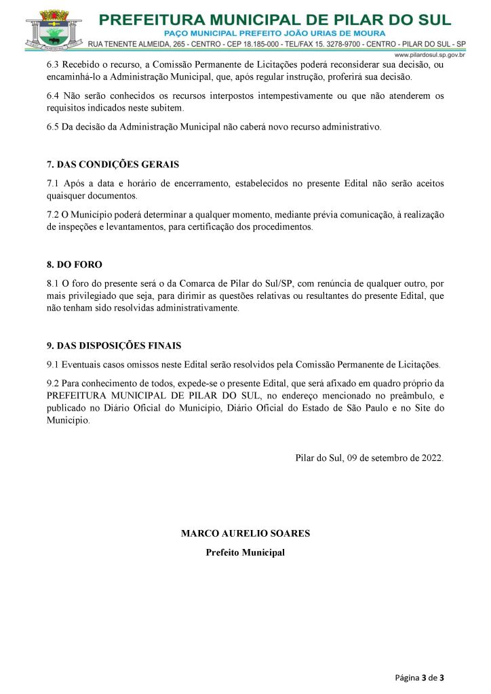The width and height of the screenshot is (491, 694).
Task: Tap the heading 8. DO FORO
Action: (x=75, y=264)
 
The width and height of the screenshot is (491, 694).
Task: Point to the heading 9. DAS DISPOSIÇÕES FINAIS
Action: (x=114, y=346)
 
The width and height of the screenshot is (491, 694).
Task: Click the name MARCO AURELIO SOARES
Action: (x=245, y=533)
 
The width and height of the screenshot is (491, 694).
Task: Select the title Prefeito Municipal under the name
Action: (x=245, y=552)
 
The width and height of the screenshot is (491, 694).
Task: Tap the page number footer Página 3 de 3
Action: (x=420, y=677)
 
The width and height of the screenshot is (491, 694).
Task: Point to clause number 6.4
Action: (x=53, y=96)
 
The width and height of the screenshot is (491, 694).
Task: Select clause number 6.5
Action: (x=53, y=127)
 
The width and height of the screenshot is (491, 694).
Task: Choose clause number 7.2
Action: (x=53, y=215)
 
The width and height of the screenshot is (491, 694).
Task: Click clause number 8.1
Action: (x=53, y=283)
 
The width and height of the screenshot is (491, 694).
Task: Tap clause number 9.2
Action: (x=53, y=383)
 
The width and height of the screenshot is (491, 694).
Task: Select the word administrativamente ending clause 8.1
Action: (x=200, y=308)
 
